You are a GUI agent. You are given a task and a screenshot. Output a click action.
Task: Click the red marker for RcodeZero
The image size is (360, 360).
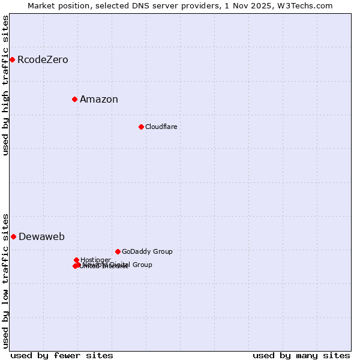[x=12, y=59]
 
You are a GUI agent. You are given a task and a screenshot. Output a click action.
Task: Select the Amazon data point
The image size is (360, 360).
[x=74, y=99]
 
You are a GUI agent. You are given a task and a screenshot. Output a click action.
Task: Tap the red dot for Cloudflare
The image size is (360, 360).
[x=141, y=127]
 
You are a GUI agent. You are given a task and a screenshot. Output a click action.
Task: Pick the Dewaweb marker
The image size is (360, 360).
[x=13, y=236]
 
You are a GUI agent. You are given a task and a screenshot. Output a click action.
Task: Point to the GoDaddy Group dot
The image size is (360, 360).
[x=118, y=251]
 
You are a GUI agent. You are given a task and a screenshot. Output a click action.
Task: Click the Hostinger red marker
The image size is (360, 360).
[x=77, y=260]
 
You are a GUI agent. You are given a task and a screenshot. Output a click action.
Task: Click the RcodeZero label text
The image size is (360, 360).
[x=43, y=60]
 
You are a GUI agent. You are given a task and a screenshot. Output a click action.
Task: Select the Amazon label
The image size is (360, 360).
[x=99, y=100]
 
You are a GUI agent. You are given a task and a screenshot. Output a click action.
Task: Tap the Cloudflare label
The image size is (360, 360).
[x=161, y=127]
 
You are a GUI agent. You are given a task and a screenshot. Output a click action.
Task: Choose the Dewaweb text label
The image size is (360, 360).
[x=41, y=237]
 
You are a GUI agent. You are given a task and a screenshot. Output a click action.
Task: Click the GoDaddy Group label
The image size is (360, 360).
[x=147, y=252]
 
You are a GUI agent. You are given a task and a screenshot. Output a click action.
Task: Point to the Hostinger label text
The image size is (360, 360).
[x=95, y=260]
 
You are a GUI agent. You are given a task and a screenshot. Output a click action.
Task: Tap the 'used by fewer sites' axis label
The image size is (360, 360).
[x=62, y=355]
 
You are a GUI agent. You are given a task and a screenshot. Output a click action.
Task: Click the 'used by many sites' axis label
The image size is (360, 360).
[x=301, y=355]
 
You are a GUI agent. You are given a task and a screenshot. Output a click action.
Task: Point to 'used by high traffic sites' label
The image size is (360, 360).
[x=6, y=85]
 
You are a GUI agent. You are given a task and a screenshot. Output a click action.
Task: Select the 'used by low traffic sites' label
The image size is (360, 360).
[x=6, y=280]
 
